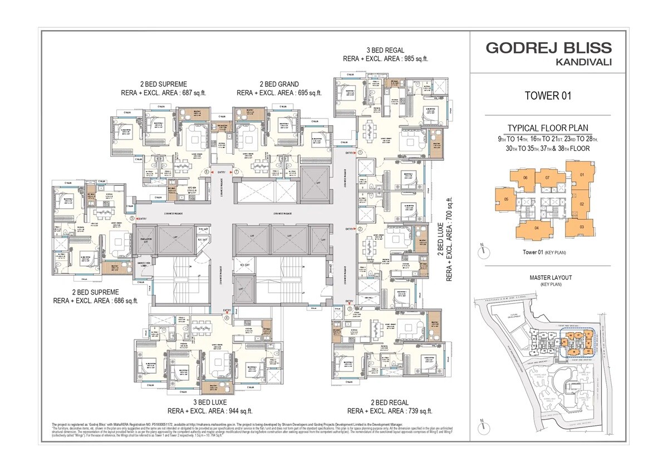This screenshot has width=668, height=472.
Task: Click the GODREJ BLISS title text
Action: pos(548,47)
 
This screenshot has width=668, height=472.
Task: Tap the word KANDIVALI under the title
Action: pos(583,62)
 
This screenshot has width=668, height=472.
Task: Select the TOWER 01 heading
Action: pos(548,96)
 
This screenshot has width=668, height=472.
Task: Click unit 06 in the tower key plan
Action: pos(524,178)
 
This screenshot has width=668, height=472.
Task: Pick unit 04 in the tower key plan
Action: pos(529,228)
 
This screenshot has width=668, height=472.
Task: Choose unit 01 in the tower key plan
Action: pos(581,175)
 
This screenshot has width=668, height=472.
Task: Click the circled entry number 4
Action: pos(227,318)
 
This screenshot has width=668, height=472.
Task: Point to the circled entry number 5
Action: pos(132,219)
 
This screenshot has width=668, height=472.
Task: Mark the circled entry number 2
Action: pos(360,229)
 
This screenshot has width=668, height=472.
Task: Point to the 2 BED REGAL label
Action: pos(390,402)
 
